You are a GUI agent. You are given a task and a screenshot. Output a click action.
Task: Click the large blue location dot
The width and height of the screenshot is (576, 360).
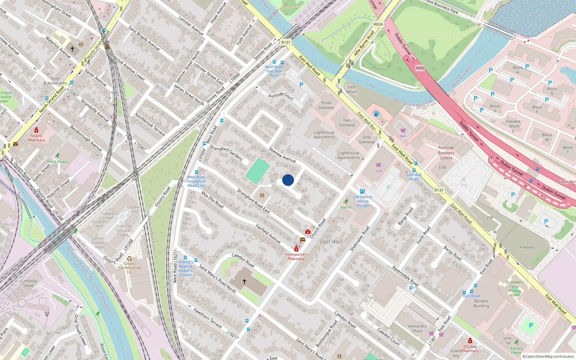[288, 180]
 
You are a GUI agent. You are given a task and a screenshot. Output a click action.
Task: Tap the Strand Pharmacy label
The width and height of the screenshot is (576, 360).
[36, 138]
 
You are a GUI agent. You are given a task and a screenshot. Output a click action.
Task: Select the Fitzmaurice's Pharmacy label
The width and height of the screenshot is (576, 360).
[296, 256]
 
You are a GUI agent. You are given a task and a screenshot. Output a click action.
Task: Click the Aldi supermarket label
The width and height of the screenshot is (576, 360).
[403, 136]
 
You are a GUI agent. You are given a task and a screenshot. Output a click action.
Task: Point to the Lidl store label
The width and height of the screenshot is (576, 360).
[379, 171]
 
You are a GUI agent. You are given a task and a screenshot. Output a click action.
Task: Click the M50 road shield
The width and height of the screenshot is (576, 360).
[420, 68]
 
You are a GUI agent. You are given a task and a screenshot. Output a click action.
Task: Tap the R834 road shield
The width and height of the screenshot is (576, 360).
[378, 24]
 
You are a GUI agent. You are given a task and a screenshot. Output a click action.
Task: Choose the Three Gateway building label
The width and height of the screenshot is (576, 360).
[326, 105]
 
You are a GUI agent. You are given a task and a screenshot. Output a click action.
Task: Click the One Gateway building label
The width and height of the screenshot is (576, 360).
[367, 140]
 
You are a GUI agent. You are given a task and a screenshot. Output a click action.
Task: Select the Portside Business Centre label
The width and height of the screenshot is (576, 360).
[446, 153]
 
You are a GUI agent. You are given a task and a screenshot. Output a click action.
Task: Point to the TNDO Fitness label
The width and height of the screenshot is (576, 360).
[57, 162]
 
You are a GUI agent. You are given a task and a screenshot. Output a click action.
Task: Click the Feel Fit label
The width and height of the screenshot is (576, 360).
[346, 207]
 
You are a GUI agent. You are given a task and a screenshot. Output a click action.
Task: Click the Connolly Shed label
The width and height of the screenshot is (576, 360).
[29, 283]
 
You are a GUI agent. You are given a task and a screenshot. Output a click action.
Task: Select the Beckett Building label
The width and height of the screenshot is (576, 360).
[481, 303]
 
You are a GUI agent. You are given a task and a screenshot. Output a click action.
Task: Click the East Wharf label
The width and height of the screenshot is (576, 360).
[352, 89]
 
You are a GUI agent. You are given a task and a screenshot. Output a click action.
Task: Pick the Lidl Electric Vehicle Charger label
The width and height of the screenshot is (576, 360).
[363, 201]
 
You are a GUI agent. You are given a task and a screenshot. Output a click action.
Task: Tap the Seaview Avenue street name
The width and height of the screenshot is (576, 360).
[282, 155]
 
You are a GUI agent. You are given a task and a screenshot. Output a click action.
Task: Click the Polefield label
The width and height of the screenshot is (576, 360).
[527, 247]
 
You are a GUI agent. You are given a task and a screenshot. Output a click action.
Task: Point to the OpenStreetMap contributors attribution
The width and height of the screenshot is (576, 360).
[548, 356]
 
